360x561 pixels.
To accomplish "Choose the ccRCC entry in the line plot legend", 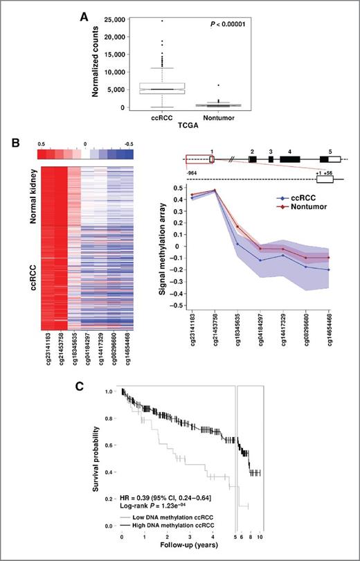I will [285, 196].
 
